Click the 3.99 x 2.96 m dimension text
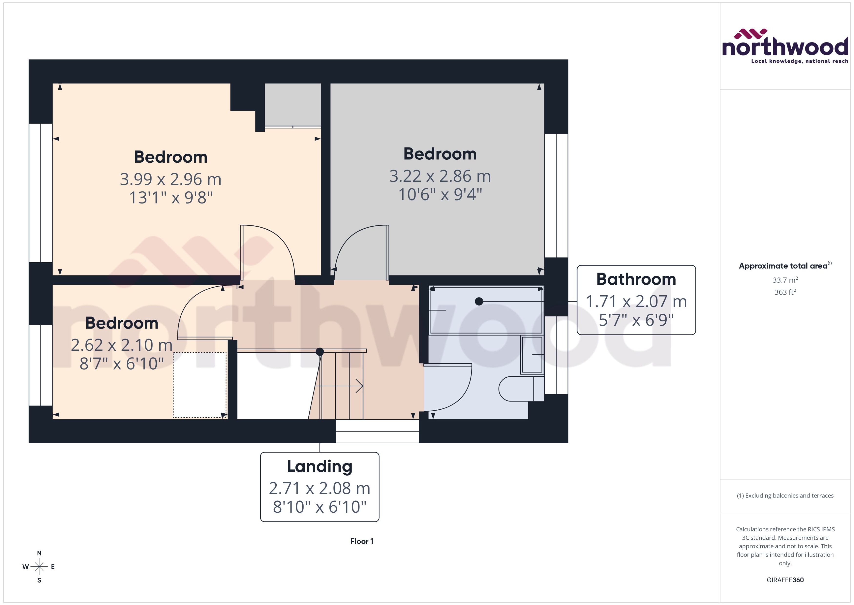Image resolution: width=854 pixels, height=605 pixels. (170, 179)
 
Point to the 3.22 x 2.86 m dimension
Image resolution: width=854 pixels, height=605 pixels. (440, 176)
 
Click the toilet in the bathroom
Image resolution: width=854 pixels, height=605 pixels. (520, 389)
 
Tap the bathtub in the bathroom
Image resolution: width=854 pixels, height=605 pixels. (486, 310)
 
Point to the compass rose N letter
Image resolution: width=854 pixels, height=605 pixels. (39, 553)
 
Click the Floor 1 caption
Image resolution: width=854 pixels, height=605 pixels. (361, 541)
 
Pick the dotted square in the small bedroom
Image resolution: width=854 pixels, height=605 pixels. (199, 385)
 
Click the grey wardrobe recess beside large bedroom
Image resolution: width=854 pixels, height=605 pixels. (293, 104)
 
